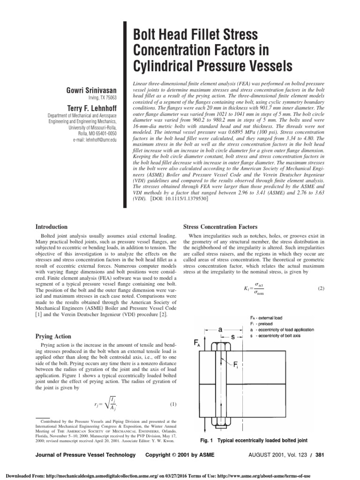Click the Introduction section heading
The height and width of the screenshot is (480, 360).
click(52, 227)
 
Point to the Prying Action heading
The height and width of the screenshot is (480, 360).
click(53, 336)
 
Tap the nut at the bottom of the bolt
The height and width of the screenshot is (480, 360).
click(220, 422)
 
